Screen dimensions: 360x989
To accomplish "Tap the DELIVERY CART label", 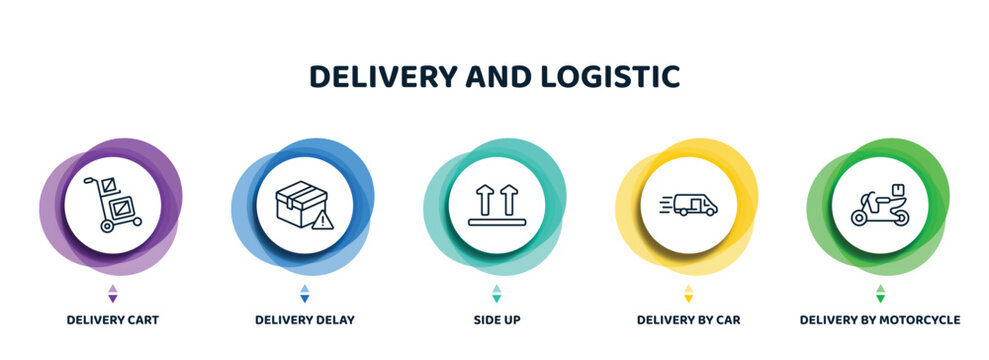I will pos(112,320).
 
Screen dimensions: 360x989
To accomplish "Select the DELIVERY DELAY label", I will pos(304,320).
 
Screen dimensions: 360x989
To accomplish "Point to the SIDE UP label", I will pos(497,320).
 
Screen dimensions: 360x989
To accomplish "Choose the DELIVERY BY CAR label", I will pos(689,320).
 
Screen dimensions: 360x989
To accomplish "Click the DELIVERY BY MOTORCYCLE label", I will pos(880,320).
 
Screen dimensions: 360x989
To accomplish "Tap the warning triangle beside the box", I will pos(321,221).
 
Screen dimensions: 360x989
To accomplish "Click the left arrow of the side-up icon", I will pos(484,198).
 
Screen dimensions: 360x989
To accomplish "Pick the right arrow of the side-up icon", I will pos(510,198).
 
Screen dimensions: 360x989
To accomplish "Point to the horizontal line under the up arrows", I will pos(497,222).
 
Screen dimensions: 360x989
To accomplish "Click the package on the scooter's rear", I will pos(899,189).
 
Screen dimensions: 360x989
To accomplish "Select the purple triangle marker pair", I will pos(112,293).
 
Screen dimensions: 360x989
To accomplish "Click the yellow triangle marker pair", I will pos(688,293).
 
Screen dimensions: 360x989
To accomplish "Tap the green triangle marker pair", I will pos(880,293).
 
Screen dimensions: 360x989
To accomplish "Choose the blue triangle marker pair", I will pos(304,293).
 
